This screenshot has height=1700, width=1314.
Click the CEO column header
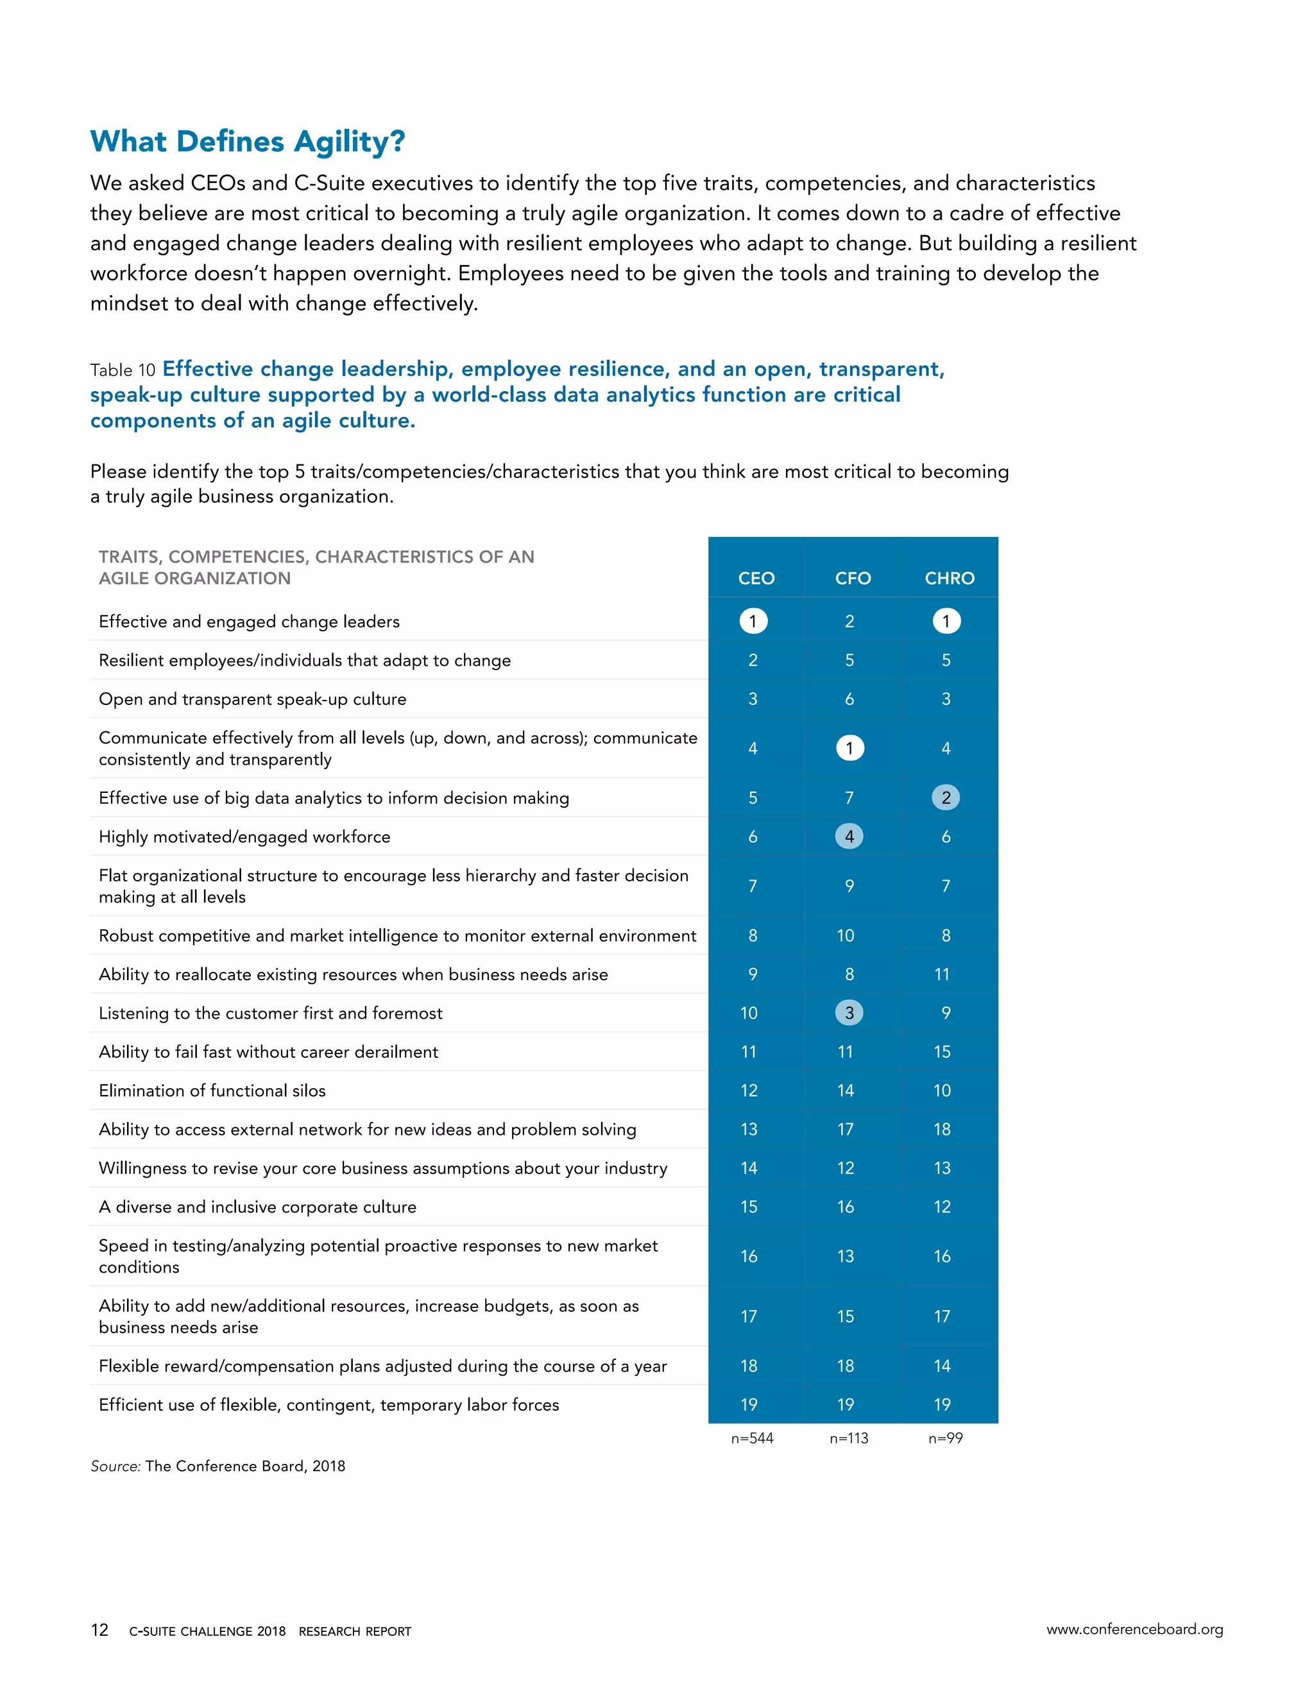pos(756,579)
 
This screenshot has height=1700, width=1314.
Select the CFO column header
pos(853,579)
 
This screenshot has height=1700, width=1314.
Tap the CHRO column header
pos(949,579)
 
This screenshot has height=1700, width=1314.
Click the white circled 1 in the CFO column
pos(849,748)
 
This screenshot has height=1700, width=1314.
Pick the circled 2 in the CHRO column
pos(946,798)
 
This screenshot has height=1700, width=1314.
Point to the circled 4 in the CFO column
pos(849,837)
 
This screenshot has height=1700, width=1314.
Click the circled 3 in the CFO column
pos(849,1013)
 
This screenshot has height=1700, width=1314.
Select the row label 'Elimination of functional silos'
pos(212,1091)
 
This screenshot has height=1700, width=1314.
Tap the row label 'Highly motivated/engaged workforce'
pos(244,837)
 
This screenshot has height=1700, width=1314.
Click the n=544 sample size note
pos(752,1438)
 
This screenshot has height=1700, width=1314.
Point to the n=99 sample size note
pos(945,1438)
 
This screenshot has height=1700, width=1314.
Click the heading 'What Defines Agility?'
pos(248,142)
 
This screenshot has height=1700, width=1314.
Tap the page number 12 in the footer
pos(99,1630)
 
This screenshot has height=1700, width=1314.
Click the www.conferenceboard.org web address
pos(1134,1629)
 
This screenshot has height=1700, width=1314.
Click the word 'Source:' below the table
pos(115,1466)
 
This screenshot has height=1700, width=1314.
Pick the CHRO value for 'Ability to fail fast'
pos(942,1051)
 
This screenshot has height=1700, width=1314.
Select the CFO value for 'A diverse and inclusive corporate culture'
pos(846,1207)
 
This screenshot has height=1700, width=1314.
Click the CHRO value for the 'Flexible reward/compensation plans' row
pos(942,1366)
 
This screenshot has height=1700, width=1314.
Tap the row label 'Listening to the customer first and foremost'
pos(270,1013)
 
